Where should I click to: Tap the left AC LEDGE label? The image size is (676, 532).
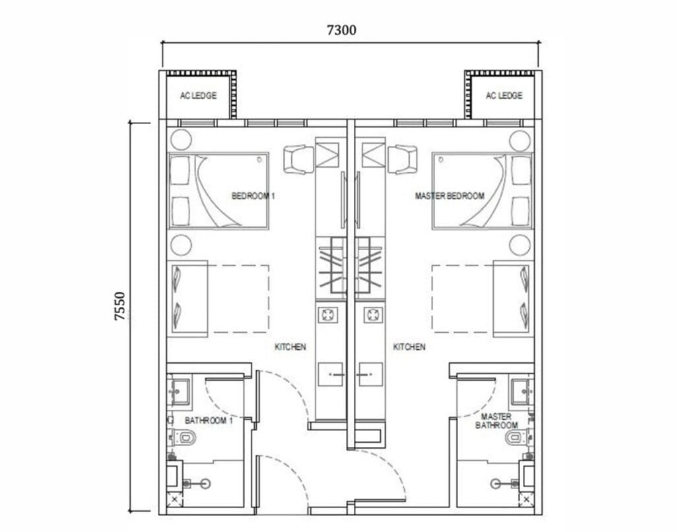(x=198, y=96)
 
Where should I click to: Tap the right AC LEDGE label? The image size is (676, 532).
(x=504, y=96)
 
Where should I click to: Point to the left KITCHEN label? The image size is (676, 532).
(x=290, y=347)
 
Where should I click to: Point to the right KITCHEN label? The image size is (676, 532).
(x=409, y=347)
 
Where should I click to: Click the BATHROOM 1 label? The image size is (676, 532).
(x=209, y=420)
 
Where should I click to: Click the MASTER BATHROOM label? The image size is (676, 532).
(x=496, y=421)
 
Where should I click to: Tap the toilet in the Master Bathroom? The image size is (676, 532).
(x=513, y=436)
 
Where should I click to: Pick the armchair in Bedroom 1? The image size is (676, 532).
(x=298, y=159)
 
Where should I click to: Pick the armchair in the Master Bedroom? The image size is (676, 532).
(x=402, y=159)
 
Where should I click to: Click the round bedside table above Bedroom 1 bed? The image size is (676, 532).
(x=180, y=140)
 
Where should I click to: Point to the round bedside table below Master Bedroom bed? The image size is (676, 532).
(x=519, y=245)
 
